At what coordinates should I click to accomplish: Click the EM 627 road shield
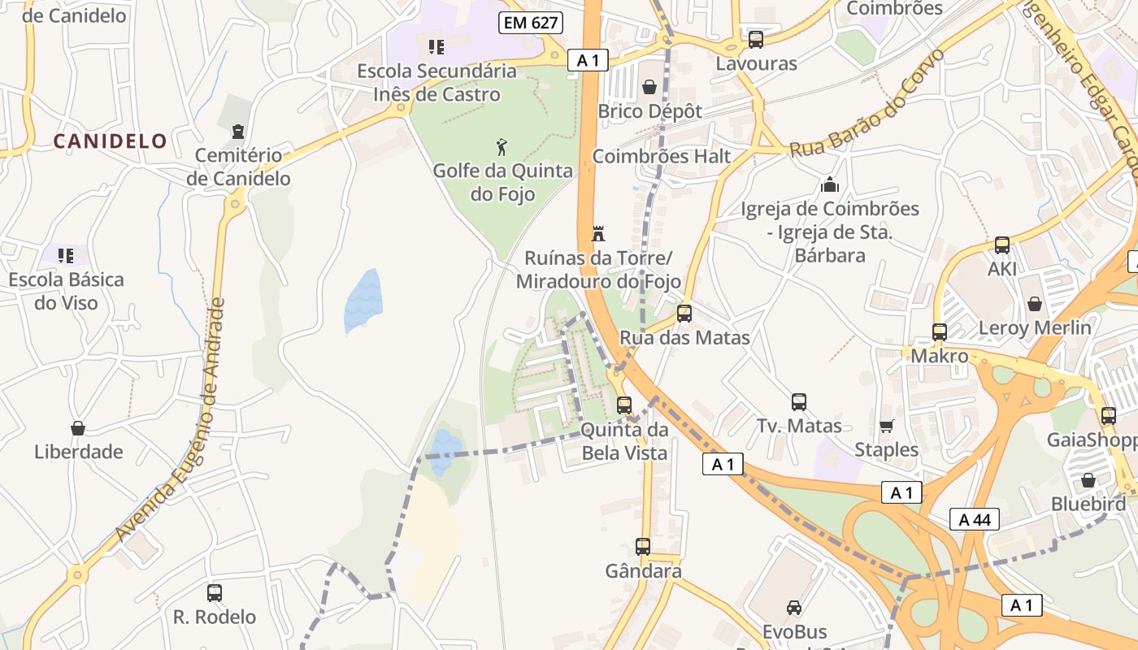[531, 23]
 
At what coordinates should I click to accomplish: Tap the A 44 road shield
[974, 519]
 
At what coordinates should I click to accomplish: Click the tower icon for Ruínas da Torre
[598, 234]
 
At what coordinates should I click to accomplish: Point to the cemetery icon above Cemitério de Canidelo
[237, 131]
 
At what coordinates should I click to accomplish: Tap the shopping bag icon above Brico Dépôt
[649, 86]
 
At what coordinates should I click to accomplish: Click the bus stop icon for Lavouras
[756, 39]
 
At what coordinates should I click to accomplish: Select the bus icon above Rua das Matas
[684, 313]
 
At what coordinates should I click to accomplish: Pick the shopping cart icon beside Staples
[886, 426]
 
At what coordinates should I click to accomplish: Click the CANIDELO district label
[110, 141]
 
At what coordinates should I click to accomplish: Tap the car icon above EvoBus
[793, 607]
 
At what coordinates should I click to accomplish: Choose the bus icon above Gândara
[643, 547]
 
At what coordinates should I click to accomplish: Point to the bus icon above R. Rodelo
[215, 593]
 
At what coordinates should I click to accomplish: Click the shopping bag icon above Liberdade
[78, 427]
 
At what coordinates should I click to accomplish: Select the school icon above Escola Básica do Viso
[66, 256]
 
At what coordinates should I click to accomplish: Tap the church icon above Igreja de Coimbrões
[830, 184]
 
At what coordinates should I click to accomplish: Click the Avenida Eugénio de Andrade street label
[169, 421]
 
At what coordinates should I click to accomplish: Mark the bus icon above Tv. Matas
[799, 401]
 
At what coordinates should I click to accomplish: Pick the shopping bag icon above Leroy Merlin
[1035, 304]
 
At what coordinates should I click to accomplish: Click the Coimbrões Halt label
[661, 156]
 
